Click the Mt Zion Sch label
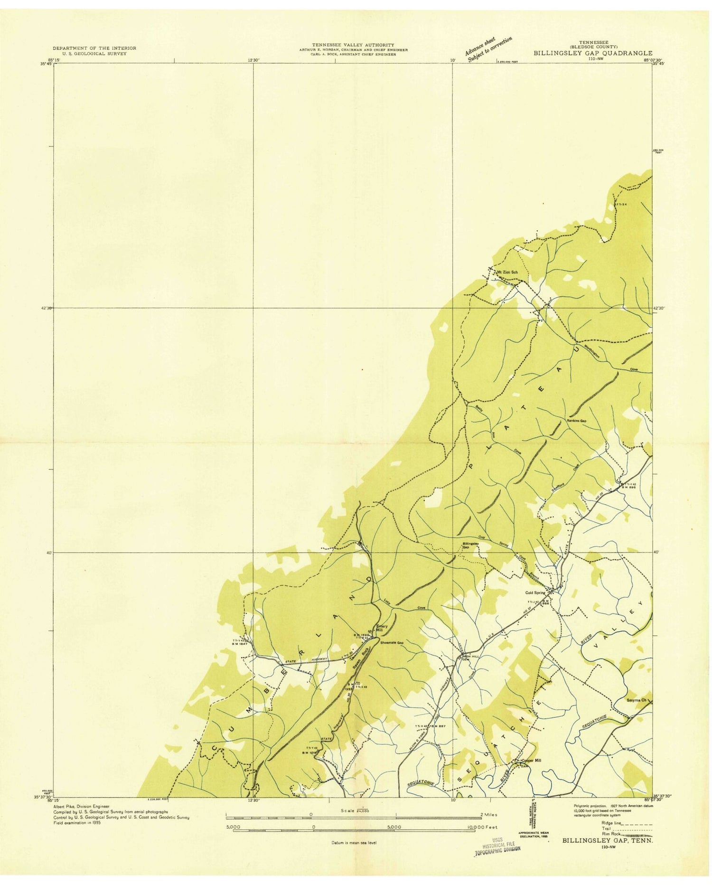[x=506, y=272]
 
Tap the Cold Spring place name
[x=535, y=593]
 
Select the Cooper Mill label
[x=531, y=760]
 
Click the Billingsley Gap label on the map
[x=469, y=546]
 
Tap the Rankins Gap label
[x=577, y=421]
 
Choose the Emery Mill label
[x=382, y=628]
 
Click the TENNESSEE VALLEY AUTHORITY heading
[x=353, y=45]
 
